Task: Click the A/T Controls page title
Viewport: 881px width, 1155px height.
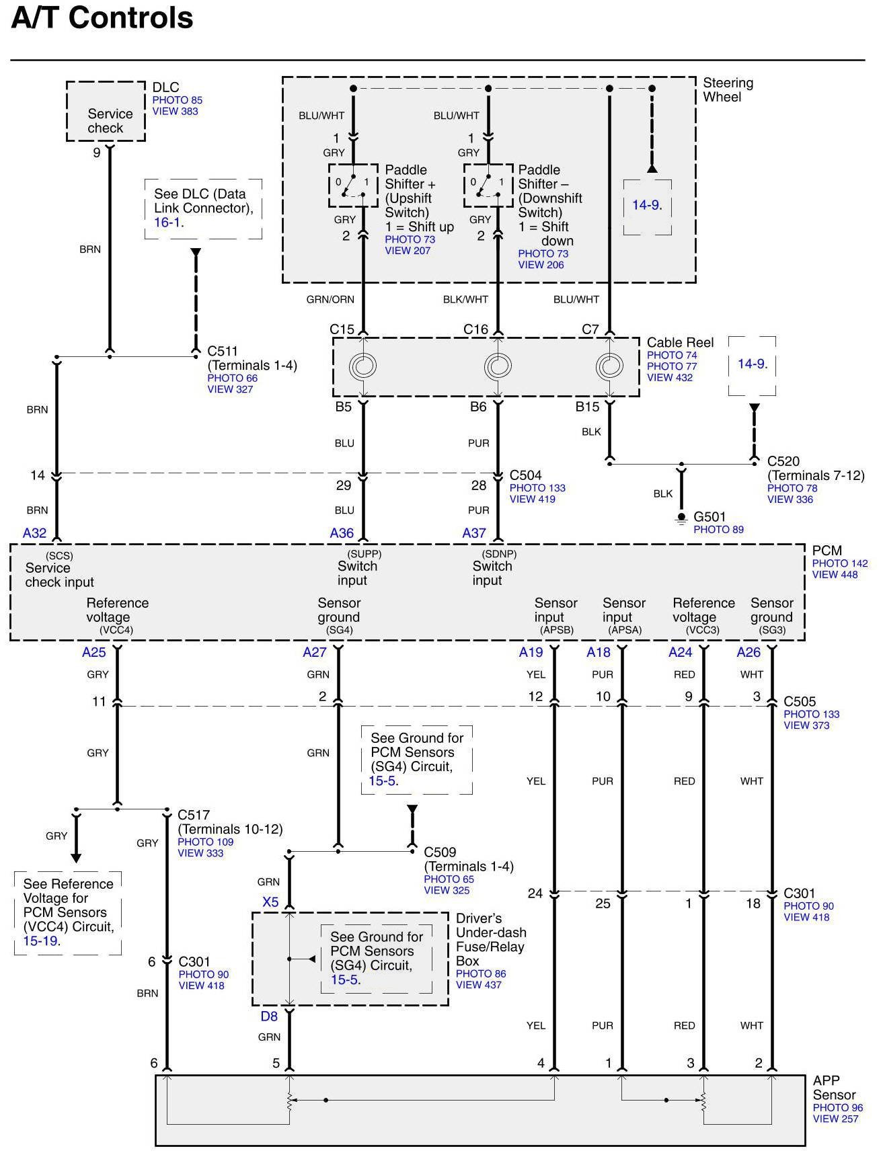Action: [x=102, y=18]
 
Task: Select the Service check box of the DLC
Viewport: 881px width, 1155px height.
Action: [x=106, y=112]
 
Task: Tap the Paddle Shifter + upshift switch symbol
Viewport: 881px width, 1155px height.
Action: [x=353, y=186]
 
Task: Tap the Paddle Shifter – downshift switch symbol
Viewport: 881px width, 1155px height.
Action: [x=488, y=186]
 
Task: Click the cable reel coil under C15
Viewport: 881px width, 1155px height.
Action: [x=362, y=366]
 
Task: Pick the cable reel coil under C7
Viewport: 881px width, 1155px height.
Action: [x=609, y=366]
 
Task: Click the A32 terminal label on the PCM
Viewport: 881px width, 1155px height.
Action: [x=35, y=533]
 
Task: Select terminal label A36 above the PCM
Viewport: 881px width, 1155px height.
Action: [x=342, y=533]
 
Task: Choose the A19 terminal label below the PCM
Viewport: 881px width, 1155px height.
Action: [x=531, y=652]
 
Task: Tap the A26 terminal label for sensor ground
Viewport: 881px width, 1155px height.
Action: [x=749, y=652]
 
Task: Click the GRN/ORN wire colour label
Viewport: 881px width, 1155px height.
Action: [x=330, y=300]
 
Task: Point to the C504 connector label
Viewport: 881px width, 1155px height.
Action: [x=525, y=475]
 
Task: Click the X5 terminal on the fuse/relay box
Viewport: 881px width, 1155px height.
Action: [x=270, y=902]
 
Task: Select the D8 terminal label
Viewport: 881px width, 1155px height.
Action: [x=269, y=1017]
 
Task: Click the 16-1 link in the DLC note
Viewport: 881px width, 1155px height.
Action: [x=167, y=223]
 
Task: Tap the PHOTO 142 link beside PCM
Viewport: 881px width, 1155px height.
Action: [x=839, y=563]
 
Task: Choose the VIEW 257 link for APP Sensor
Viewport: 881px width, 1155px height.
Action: [x=835, y=1119]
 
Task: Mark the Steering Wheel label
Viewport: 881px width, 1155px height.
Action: [x=728, y=90]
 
